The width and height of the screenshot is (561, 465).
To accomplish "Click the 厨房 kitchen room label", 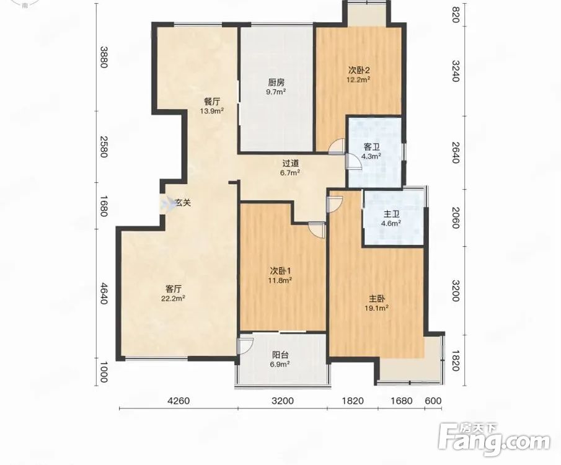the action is pos(276,82).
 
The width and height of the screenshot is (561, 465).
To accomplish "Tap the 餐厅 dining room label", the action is pos(211,102).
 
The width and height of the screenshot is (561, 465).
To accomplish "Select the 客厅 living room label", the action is pos(173,288).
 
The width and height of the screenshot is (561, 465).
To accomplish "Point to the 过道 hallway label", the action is pos(290,164).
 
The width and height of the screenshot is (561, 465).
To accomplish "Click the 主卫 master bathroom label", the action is pos(391,215).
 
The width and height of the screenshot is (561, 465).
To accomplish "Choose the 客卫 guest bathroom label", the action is pos(371,147).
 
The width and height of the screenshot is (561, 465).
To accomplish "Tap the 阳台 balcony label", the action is pos(280,355).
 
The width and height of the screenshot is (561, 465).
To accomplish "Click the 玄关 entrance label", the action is pos(183,203).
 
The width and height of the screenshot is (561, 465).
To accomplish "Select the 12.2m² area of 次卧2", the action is pos(358,79).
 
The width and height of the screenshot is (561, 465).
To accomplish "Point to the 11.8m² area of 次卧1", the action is pos(280,280).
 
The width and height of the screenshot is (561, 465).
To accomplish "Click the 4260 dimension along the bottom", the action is pos(179,401).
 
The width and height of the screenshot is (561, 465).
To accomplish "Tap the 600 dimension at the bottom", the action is pos(433,401).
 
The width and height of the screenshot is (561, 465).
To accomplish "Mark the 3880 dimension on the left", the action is pos(104,57).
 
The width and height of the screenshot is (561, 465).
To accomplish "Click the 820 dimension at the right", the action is pos(455,14).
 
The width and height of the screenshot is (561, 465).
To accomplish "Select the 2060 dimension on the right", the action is pos(455,218).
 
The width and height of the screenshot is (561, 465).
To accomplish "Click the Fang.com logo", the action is pos(494,439).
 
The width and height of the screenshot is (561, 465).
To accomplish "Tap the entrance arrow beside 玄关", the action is pos(167,204).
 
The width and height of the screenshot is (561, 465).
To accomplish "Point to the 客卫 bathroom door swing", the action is pos(353,161).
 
